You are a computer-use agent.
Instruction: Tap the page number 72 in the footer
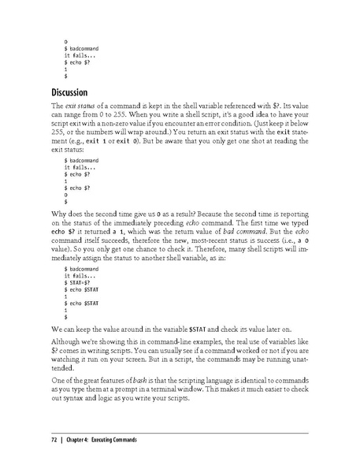pyautogui.click(x=54, y=440)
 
